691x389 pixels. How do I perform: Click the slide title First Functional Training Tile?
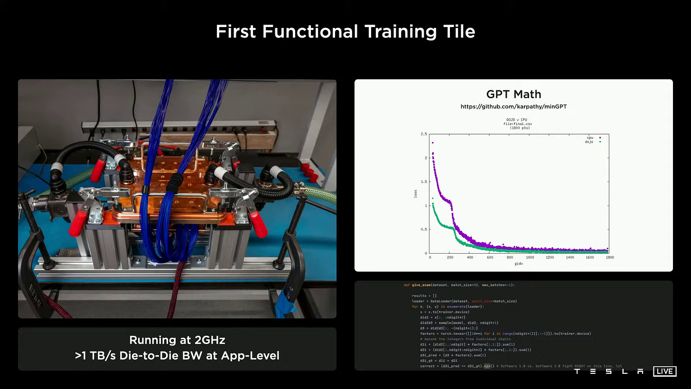(345, 32)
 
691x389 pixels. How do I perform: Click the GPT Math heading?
(514, 94)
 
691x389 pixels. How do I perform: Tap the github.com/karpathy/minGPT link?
(514, 107)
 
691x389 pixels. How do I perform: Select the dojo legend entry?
(589, 142)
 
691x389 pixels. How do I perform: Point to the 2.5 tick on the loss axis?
(424, 134)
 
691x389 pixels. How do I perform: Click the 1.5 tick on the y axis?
(424, 182)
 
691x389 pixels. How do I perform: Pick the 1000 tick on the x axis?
(530, 257)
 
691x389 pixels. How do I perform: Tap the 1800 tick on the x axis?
(610, 257)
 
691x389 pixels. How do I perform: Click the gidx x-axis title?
(518, 264)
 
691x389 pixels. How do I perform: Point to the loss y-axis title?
(416, 194)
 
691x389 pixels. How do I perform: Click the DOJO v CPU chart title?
(517, 120)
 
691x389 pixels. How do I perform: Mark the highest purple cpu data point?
(432, 142)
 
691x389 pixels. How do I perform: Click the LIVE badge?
(664, 371)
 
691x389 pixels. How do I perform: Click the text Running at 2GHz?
(177, 340)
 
